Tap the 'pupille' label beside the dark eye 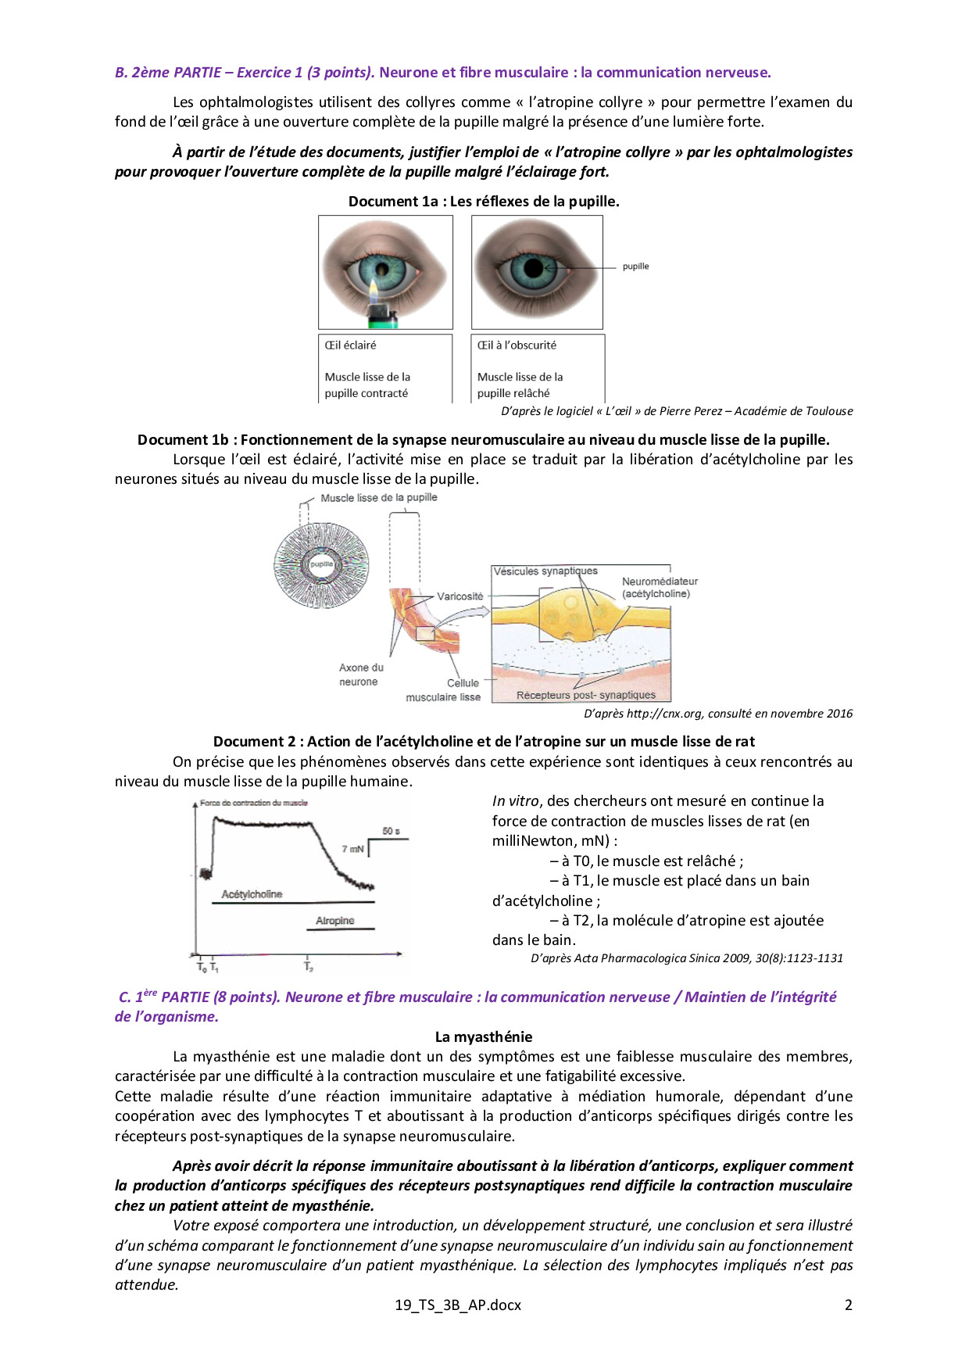click(635, 267)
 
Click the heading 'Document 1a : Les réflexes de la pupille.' click(484, 202)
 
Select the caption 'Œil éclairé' click(351, 345)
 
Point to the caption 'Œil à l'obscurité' click(517, 345)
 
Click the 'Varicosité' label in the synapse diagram click(459, 596)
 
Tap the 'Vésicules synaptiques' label click(545, 571)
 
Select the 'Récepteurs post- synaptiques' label click(585, 695)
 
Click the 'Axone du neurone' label click(360, 675)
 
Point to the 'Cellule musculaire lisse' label click(444, 690)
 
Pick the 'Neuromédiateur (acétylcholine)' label click(660, 588)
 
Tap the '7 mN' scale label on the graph click(352, 849)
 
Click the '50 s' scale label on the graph click(391, 831)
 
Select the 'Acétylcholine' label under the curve click(252, 894)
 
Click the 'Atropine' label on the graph click(335, 921)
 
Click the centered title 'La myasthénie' click(484, 1037)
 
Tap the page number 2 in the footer click(848, 1305)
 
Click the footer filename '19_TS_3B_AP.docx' click(458, 1305)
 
